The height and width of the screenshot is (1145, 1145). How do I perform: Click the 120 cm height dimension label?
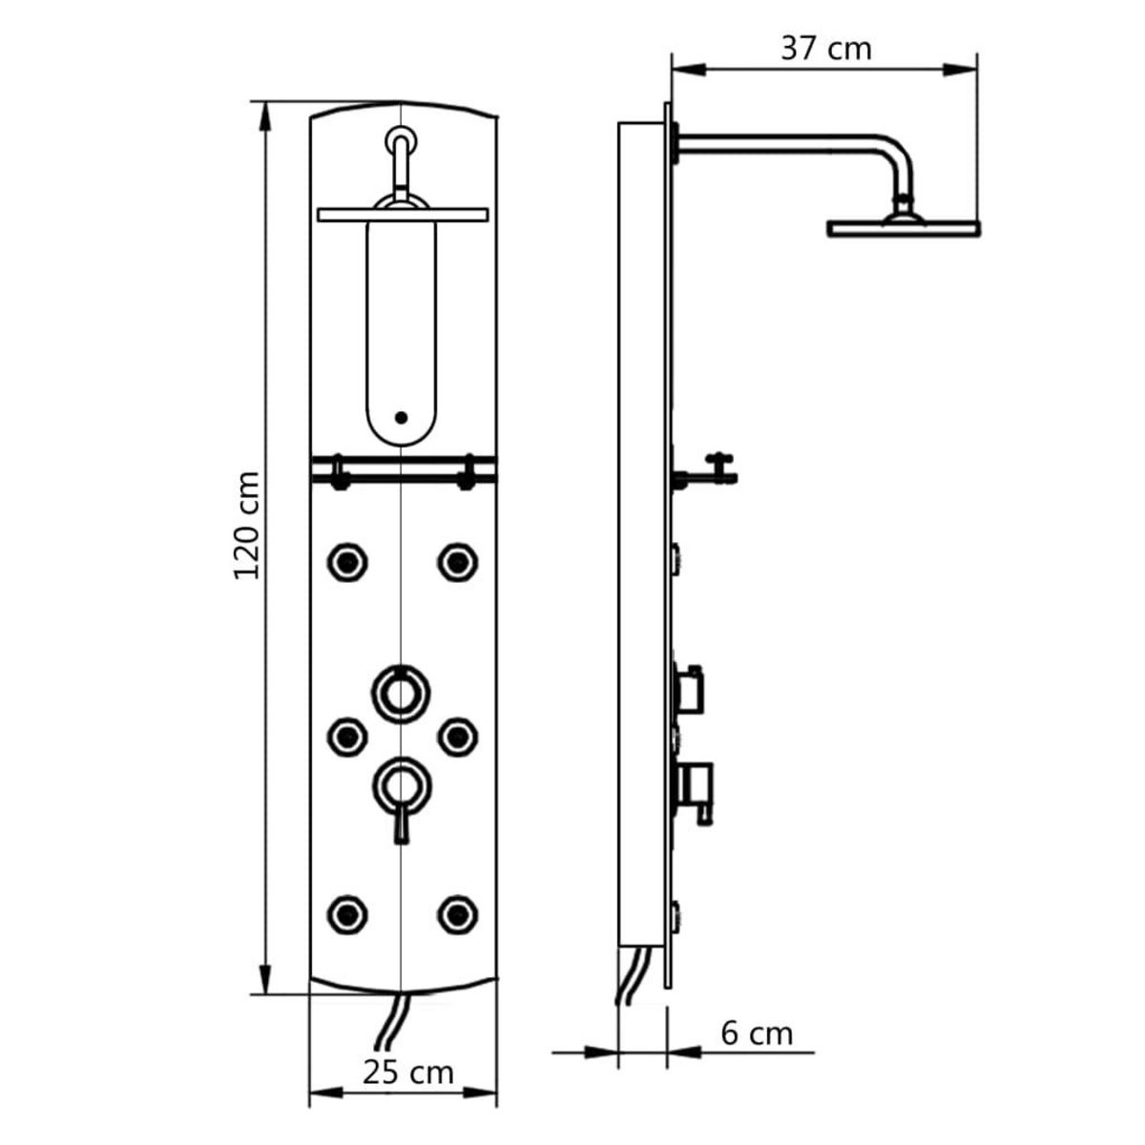coord(247,524)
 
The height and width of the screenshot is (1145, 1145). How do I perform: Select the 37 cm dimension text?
coord(825,48)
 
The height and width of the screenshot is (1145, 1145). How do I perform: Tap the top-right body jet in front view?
coord(458,561)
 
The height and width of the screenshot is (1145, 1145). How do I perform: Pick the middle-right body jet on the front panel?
coord(458,735)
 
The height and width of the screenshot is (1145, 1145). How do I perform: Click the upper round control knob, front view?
coord(401,690)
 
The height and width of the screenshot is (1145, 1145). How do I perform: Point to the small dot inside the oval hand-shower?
coord(401,417)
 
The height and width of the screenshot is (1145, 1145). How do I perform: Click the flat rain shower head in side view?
coord(903,228)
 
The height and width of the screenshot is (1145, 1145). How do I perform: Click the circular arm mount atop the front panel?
coord(401,140)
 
